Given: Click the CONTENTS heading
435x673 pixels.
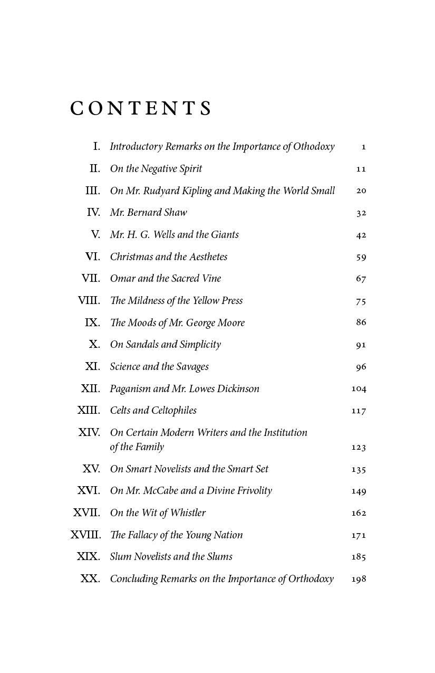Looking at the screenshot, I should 141,108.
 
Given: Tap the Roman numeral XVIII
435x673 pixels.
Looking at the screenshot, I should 85,535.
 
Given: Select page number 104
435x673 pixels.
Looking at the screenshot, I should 359,388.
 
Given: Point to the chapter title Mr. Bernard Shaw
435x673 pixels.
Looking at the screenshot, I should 148,213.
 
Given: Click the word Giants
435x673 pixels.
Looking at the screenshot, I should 225,235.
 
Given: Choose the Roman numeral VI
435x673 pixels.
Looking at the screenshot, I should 93,257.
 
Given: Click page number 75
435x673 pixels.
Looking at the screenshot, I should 361,301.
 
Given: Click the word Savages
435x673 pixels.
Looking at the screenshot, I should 192,367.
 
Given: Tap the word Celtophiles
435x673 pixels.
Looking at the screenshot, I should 174,411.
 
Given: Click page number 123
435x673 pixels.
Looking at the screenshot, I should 359,447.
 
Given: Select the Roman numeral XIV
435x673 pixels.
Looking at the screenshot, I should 89,432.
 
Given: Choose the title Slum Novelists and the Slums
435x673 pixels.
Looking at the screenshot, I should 171,557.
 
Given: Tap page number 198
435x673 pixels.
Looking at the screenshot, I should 359,579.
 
